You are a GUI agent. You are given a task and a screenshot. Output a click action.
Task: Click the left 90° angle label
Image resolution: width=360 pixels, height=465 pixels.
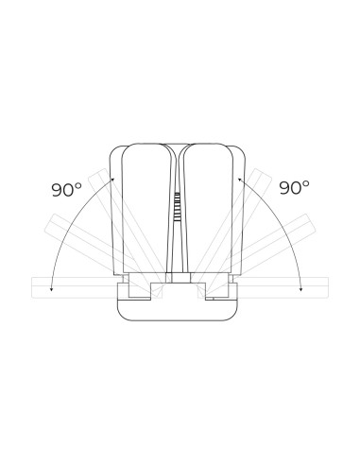pyautogui.click(x=66, y=189)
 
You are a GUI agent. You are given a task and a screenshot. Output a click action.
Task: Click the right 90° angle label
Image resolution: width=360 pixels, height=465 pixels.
pyautogui.click(x=294, y=187)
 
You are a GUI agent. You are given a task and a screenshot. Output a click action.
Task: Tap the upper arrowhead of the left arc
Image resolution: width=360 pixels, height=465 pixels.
pyautogui.click(x=112, y=180)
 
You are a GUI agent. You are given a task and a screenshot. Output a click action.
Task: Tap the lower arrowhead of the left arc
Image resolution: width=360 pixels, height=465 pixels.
pyautogui.click(x=51, y=289)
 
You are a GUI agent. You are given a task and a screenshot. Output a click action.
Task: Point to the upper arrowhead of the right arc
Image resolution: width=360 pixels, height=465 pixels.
pyautogui.click(x=239, y=180)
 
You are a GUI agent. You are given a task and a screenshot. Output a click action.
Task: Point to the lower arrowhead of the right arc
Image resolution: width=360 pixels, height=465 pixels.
pyautogui.click(x=301, y=289)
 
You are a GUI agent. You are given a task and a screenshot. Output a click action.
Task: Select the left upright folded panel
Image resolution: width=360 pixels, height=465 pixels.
pyautogui.click(x=147, y=209)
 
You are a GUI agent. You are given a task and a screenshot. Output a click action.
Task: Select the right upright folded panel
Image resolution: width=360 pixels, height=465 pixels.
pyautogui.click(x=208, y=209)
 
